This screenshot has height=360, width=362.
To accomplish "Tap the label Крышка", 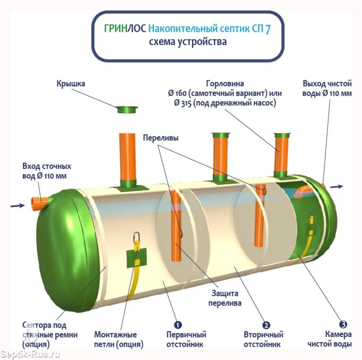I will pos(71,84).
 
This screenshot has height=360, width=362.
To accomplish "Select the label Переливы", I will pos(160,138).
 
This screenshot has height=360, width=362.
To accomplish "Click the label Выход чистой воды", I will pos(327,88).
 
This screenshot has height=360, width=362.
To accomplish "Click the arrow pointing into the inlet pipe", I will pos(17,206).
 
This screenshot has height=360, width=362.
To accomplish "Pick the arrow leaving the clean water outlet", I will pos(337,187).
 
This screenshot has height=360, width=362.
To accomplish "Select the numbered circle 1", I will pos(178,325).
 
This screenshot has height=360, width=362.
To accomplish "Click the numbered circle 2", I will pos(266,325).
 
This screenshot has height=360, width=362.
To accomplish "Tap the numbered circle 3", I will pos(343,324).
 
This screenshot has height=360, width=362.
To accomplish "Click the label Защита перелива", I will pos(225,298).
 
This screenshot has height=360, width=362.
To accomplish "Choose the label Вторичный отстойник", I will pos(264,339).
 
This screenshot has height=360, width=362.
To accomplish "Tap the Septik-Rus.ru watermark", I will pos(30,354).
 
